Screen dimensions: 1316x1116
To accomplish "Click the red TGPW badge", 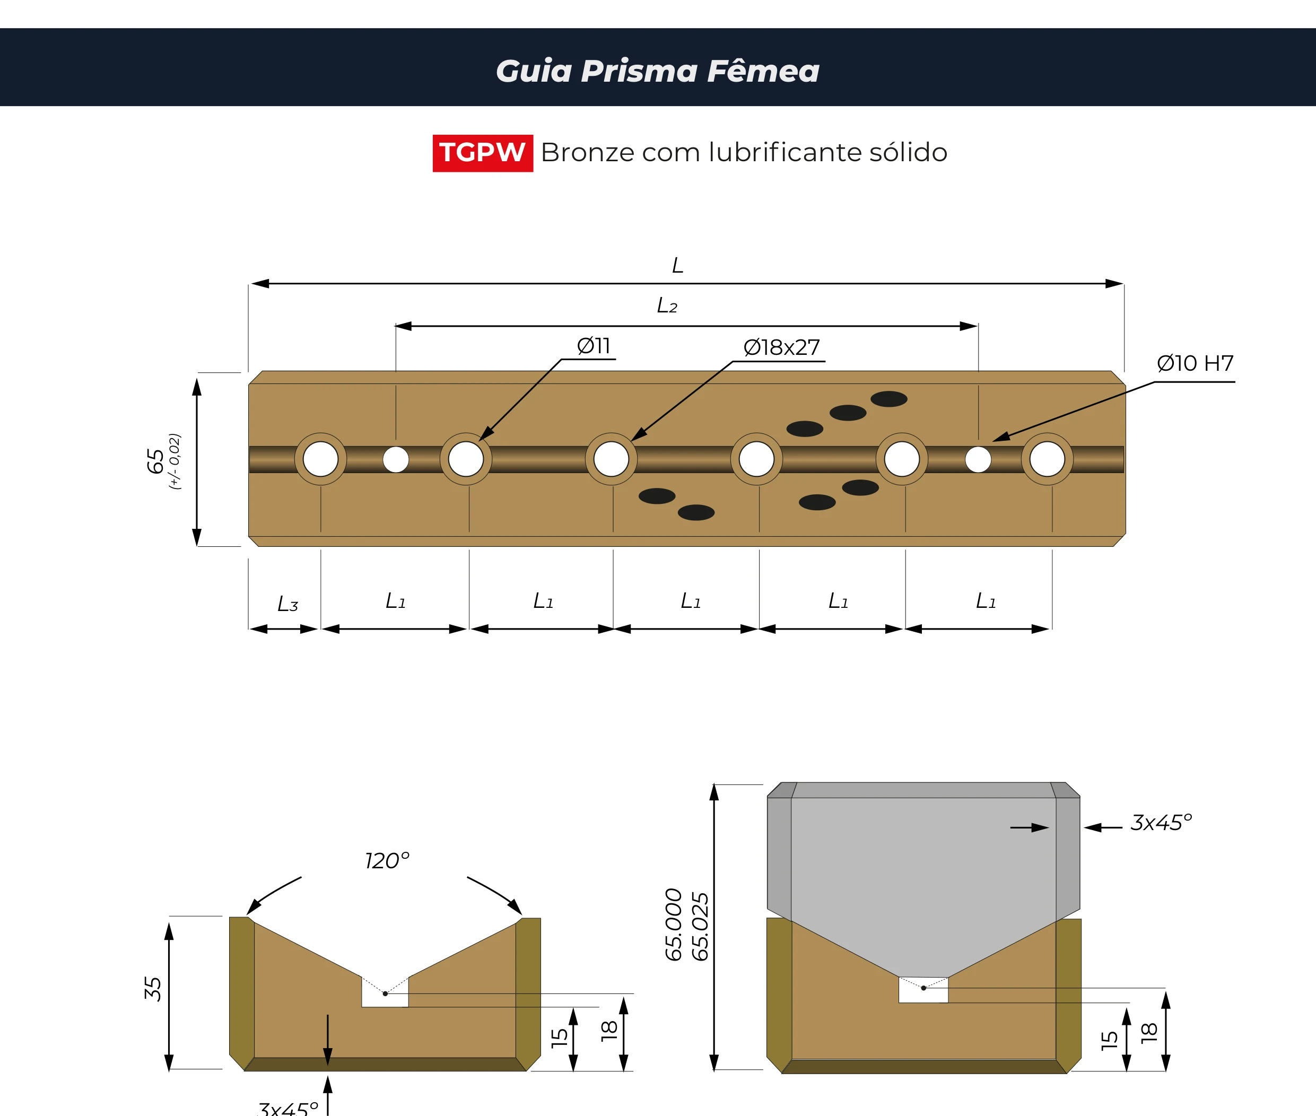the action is pyautogui.click(x=483, y=152).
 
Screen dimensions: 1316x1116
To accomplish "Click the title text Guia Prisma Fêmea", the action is pyautogui.click(x=657, y=70).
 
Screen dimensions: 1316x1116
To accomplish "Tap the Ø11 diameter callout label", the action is pyautogui.click(x=594, y=345).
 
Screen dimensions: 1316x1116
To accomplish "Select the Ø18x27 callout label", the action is pyautogui.click(x=781, y=347).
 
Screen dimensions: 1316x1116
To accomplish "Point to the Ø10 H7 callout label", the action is pyautogui.click(x=1195, y=363).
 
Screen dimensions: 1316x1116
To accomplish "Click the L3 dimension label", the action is pyautogui.click(x=288, y=604).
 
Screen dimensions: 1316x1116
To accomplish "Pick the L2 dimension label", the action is pyautogui.click(x=667, y=306).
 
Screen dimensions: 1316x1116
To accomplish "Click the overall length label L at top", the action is pyautogui.click(x=677, y=265).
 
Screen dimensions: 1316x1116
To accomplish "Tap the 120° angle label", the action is pyautogui.click(x=387, y=860).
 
